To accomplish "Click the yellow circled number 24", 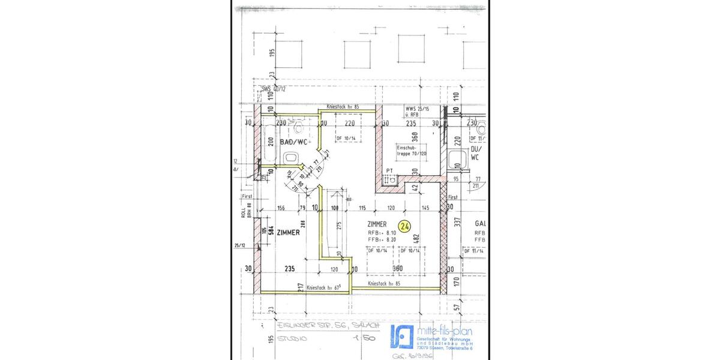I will click(x=404, y=226).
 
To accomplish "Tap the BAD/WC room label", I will click(x=293, y=142).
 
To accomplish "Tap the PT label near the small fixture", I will click(x=389, y=170).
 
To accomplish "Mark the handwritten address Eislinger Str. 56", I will click(x=318, y=325).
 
